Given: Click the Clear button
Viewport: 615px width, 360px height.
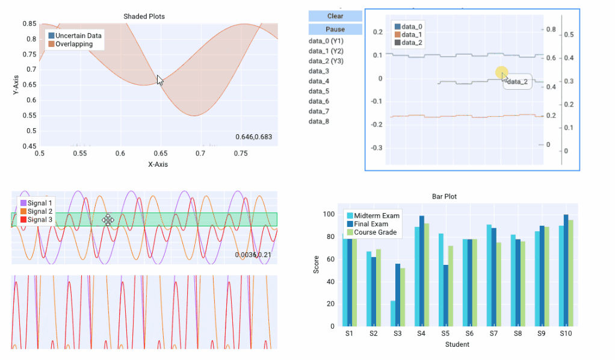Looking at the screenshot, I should [x=335, y=16].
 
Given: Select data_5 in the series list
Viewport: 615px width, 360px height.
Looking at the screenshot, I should [x=319, y=91].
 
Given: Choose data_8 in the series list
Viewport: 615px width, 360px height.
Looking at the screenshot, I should [x=319, y=122].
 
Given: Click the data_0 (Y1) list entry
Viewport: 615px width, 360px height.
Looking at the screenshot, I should [x=326, y=41].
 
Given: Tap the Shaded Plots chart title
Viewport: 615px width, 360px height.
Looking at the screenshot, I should [x=144, y=16].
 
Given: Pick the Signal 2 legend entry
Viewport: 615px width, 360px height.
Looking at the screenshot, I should [x=40, y=211].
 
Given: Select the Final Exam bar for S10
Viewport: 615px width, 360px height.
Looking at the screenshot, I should [x=566, y=270].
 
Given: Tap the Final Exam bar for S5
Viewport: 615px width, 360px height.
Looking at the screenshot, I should [x=445, y=295].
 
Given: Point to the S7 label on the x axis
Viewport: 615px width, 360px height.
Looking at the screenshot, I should [x=493, y=333].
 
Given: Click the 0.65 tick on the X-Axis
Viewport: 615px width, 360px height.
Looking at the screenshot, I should [x=159, y=154].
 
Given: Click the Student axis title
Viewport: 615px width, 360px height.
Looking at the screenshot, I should [x=457, y=344].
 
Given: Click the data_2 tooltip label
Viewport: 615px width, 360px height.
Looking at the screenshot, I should [x=518, y=82].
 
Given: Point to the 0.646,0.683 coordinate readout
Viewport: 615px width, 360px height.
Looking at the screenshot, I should [x=253, y=137].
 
